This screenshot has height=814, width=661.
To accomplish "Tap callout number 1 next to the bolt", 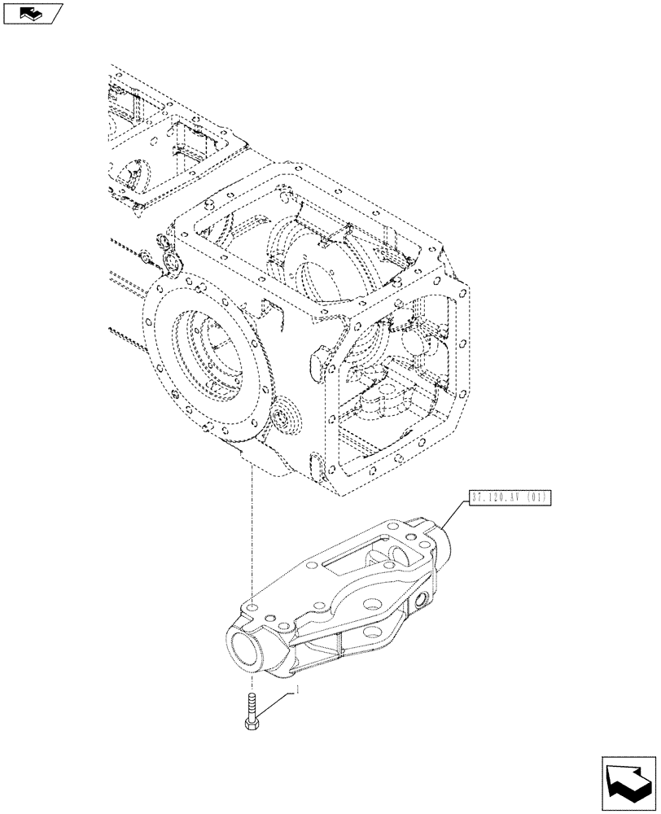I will click(x=298, y=689).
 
